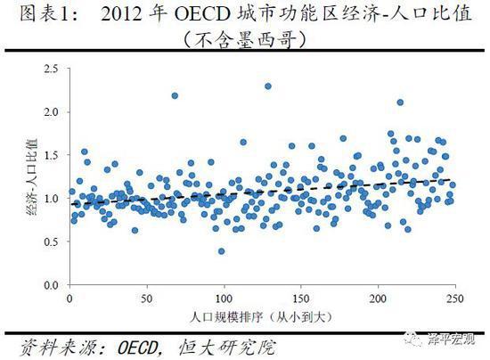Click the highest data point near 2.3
(268, 86)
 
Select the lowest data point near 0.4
(221, 251)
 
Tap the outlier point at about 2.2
(175, 95)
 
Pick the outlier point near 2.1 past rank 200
(400, 102)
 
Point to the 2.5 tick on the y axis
(51, 69)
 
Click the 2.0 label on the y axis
(51, 111)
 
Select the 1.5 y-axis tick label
(51, 155)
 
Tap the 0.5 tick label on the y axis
(51, 241)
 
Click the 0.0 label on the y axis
(51, 285)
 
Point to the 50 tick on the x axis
(147, 299)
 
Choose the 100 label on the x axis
(224, 299)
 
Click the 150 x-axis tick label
(300, 299)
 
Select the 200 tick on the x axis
(378, 299)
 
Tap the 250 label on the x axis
(454, 299)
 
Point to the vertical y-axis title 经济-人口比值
(32, 176)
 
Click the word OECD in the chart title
(202, 14)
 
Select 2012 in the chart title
(121, 14)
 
